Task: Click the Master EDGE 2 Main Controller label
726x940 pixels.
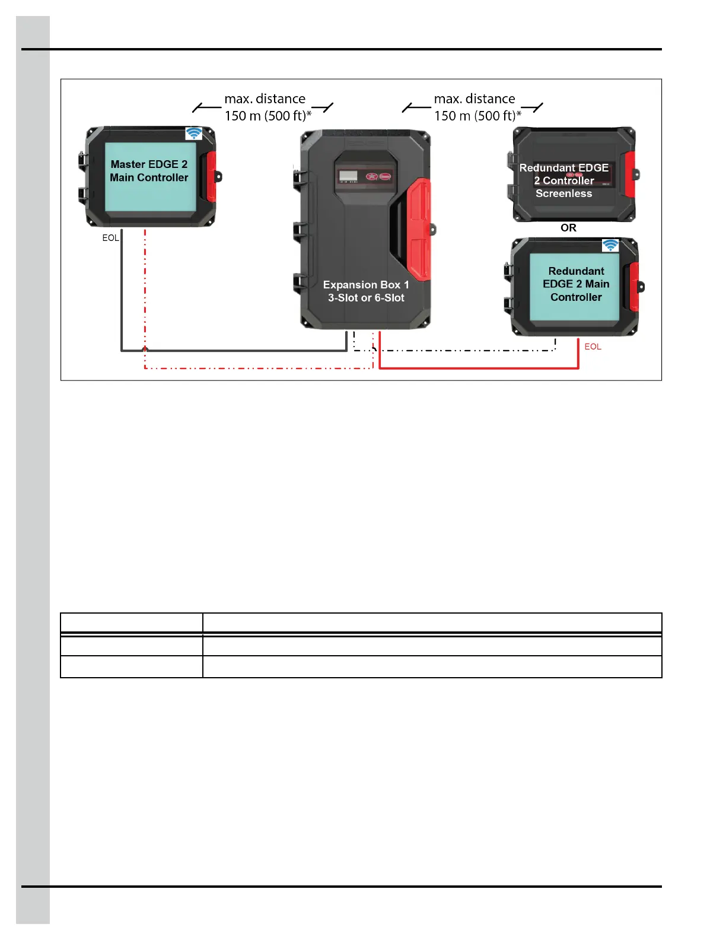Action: click(x=149, y=171)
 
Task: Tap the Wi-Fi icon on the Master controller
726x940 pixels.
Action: click(x=193, y=134)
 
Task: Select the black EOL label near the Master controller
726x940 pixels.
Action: click(x=110, y=238)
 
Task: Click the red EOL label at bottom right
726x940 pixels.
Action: click(x=593, y=347)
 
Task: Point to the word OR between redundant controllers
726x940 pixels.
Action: click(x=568, y=228)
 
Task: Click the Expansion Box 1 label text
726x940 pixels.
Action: click(x=366, y=291)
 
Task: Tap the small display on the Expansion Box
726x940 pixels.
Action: click(x=348, y=176)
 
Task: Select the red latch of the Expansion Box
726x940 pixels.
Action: click(x=419, y=228)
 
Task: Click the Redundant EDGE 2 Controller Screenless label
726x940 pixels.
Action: click(x=563, y=180)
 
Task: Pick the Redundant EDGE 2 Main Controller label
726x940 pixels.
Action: click(x=576, y=284)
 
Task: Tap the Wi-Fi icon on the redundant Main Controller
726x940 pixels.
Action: click(x=610, y=245)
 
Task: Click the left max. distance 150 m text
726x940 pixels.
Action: click(x=268, y=107)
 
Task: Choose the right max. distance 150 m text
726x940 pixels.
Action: click(x=477, y=107)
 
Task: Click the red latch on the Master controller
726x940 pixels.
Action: click(x=211, y=176)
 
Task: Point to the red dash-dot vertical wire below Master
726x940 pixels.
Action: click(x=145, y=285)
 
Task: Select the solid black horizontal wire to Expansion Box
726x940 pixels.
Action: click(x=237, y=350)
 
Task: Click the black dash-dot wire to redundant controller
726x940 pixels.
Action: click(x=463, y=350)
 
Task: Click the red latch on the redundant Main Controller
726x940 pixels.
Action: click(x=634, y=287)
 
